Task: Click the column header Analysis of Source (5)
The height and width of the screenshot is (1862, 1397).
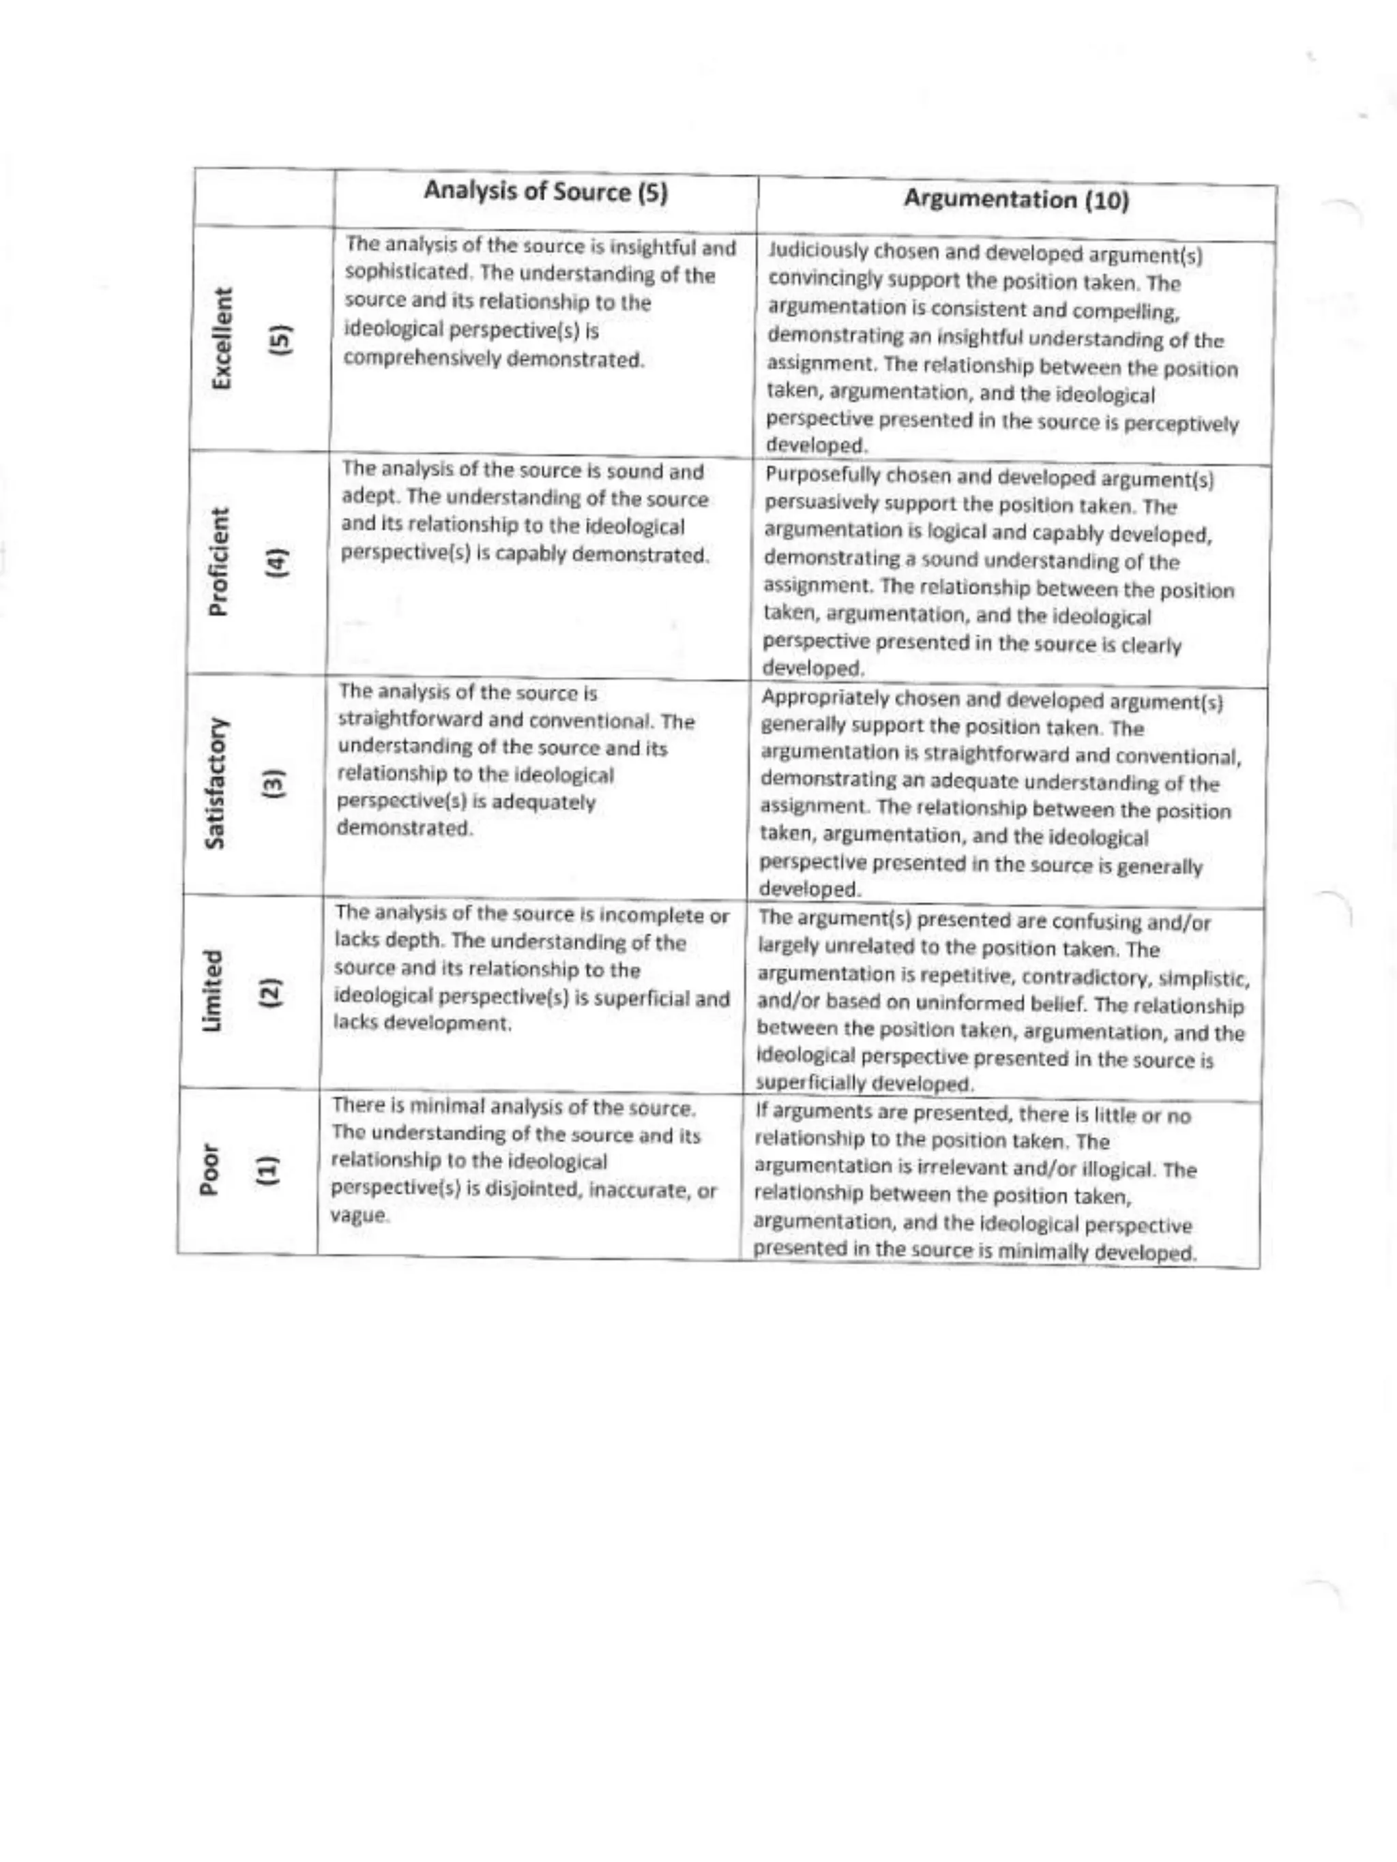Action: click(545, 192)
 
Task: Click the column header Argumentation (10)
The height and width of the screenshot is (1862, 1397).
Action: click(1016, 200)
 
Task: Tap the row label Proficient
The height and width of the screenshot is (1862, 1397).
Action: click(217, 561)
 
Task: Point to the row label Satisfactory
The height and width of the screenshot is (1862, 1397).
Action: click(214, 783)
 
